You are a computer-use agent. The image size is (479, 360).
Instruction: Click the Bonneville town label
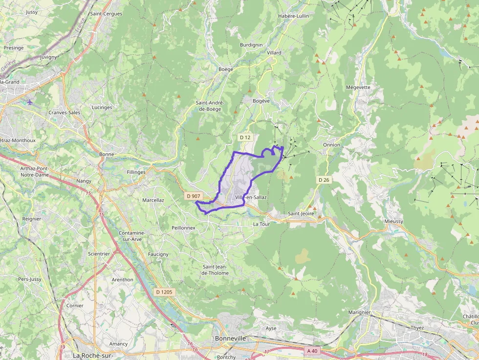(x=230, y=338)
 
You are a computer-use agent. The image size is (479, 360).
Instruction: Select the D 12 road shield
(x=245, y=138)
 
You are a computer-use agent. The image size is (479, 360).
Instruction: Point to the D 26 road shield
(x=324, y=180)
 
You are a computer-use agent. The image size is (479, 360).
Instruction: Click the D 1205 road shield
(x=164, y=292)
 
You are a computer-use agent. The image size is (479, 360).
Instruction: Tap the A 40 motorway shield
(x=312, y=351)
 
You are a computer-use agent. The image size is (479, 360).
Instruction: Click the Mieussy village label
(x=394, y=221)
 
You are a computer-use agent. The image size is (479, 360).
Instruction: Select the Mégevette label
(x=358, y=87)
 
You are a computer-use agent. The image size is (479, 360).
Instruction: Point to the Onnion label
(x=331, y=145)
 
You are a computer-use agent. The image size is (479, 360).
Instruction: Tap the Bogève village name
(x=261, y=101)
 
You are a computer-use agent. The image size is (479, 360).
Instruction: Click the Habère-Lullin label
(x=293, y=16)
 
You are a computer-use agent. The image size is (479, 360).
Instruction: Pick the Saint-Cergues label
(x=106, y=14)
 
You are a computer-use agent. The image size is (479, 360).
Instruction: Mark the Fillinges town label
(x=136, y=172)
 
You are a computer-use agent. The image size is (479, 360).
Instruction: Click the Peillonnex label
(x=183, y=228)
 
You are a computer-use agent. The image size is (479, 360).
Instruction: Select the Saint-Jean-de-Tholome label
(x=216, y=270)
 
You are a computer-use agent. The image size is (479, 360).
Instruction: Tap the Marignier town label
(x=359, y=312)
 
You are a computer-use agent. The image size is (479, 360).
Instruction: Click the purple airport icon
(x=30, y=102)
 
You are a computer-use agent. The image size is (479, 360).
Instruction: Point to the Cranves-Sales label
(x=65, y=112)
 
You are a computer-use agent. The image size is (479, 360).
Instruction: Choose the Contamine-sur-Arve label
(x=132, y=236)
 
